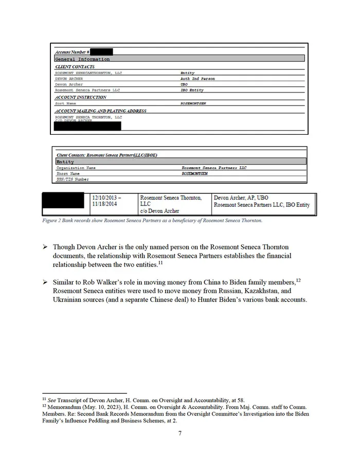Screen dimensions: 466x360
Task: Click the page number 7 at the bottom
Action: click(179, 433)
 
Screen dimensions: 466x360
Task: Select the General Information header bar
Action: click(179, 59)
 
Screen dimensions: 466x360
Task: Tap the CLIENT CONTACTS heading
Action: click(75, 67)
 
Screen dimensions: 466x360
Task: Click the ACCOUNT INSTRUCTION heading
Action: click(81, 97)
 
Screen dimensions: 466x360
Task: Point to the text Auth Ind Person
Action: click(197, 79)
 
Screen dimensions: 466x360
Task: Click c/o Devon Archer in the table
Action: click(159, 211)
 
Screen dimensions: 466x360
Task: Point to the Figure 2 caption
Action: click(152, 221)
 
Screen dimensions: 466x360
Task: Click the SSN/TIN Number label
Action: click(72, 179)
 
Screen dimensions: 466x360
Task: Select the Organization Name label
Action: click(76, 168)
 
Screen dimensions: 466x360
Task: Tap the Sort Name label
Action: click(66, 103)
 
